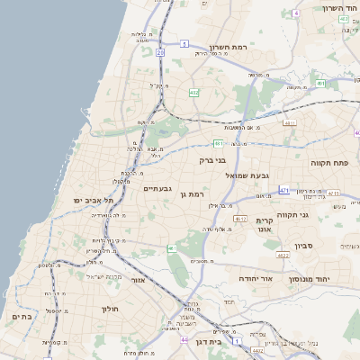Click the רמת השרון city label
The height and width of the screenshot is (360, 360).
[x=228, y=47]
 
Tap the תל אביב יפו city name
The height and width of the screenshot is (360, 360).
[x=90, y=200]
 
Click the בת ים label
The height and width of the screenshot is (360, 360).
[x=22, y=316]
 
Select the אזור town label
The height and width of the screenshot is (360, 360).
[x=139, y=280]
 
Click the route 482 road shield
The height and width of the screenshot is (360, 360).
[x=193, y=93]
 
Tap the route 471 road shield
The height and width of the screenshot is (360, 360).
[x=284, y=191]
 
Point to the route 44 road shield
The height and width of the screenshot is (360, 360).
[x=184, y=340]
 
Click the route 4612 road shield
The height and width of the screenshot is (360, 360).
[x=240, y=218]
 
